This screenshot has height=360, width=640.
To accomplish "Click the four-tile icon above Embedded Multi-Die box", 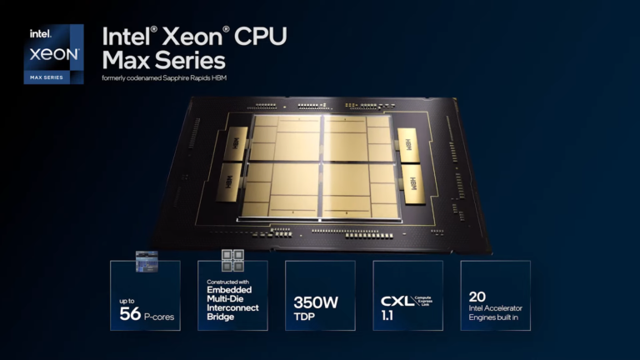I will (x=232, y=260).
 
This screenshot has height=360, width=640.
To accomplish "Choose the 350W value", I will (x=316, y=302).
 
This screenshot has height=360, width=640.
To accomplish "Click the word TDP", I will (x=305, y=317).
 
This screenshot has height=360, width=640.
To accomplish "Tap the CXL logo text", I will (x=397, y=301).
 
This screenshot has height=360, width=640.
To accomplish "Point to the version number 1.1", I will (x=388, y=317).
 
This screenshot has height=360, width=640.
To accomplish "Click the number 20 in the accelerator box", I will (x=477, y=296).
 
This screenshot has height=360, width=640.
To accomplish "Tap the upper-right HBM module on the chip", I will (x=408, y=142).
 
